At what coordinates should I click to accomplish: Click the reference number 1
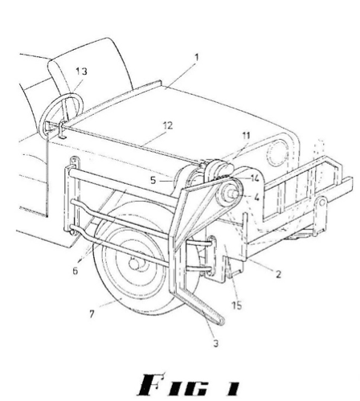197,57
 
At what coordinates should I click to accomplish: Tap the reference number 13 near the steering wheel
81,72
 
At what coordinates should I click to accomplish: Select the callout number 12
168,125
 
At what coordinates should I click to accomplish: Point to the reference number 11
246,136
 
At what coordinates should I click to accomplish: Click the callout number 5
153,180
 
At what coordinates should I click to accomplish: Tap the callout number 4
256,198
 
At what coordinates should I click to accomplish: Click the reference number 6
76,271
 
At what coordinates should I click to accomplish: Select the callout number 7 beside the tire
92,313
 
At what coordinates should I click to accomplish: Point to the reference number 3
216,343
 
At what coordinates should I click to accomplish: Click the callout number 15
236,305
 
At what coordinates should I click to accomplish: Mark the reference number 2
279,274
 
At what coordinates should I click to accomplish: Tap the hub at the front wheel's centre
133,264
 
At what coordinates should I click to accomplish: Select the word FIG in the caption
174,385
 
